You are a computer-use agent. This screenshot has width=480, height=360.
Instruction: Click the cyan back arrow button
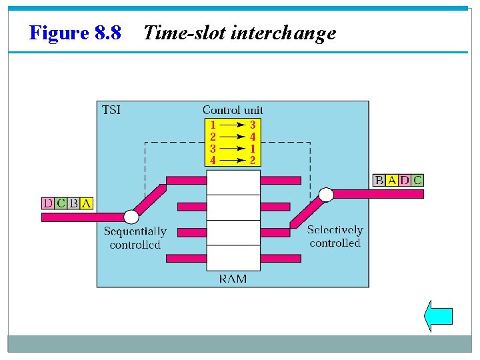tap(438, 315)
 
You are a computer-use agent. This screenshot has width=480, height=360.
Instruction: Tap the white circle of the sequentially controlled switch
tap(132, 217)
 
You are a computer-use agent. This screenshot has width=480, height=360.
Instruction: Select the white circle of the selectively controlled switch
tap(326, 195)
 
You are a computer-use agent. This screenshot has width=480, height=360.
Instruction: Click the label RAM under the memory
tap(233, 279)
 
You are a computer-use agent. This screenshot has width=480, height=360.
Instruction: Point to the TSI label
tap(111, 110)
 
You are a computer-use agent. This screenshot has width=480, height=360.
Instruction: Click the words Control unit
tap(233, 110)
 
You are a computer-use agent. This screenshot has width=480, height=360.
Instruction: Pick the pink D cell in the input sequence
tap(48, 203)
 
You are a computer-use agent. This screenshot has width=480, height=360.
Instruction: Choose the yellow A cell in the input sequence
tap(86, 203)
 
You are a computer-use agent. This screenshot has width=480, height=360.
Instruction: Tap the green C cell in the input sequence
tap(61, 203)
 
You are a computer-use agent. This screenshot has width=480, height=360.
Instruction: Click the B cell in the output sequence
tap(379, 180)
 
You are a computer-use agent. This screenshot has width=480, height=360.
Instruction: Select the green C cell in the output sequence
tap(417, 180)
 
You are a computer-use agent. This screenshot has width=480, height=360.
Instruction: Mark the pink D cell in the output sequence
tap(405, 180)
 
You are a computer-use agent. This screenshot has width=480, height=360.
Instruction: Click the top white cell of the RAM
tap(233, 182)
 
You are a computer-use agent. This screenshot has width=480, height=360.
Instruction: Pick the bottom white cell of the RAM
tap(233, 258)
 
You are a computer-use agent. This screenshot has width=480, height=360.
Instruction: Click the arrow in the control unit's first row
tap(232, 125)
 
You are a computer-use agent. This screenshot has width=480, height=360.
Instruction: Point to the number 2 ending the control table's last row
tap(253, 160)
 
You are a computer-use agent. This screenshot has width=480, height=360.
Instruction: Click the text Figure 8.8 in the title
tap(75, 33)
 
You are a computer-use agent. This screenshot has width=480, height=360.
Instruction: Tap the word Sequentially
tap(135, 231)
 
